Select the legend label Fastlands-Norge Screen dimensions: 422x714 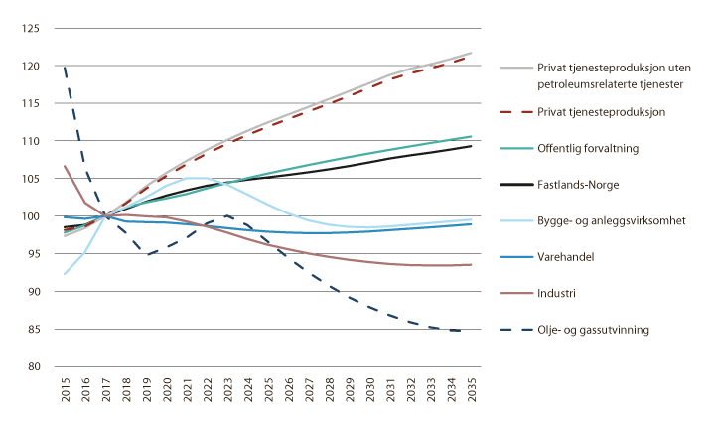point(580,184)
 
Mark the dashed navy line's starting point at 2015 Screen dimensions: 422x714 point(65,68)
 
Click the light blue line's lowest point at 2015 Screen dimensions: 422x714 point(65,274)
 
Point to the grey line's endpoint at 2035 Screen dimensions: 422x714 point(471,53)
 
